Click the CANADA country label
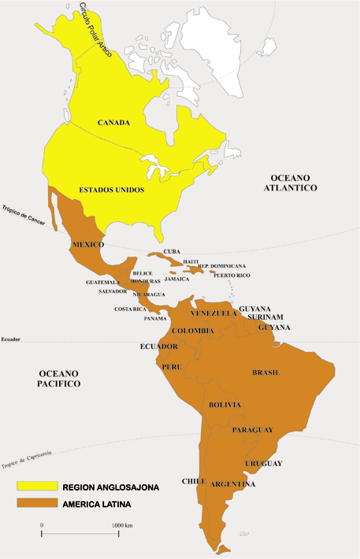[113, 123]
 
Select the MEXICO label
[87, 245]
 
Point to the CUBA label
[172, 252]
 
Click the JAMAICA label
[177, 279]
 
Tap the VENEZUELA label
[214, 313]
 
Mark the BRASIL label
[265, 372]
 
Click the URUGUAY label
[263, 462]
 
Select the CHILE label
[194, 480]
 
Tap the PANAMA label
[155, 319]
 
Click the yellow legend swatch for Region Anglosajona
[35, 487]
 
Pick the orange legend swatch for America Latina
[35, 503]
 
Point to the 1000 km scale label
[122, 524]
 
